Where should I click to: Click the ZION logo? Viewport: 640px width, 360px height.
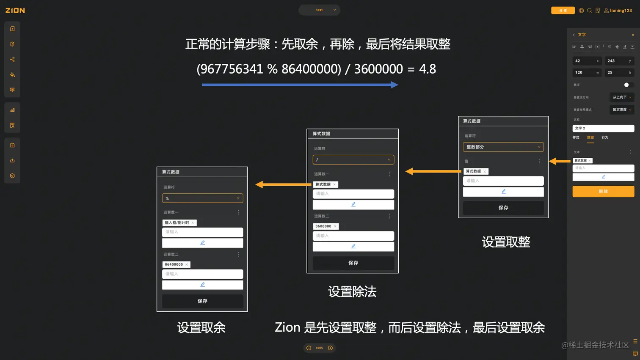pyautogui.click(x=15, y=10)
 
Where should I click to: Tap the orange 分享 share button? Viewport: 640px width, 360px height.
pyautogui.click(x=563, y=11)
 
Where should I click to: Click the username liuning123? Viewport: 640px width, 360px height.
pyautogui.click(x=621, y=11)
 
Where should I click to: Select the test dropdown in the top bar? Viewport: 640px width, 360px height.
pyautogui.click(x=320, y=10)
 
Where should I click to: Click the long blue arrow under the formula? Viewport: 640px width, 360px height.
pyautogui.click(x=300, y=85)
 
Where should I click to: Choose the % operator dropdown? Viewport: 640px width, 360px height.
pyautogui.click(x=202, y=198)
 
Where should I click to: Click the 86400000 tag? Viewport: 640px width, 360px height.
pyautogui.click(x=174, y=264)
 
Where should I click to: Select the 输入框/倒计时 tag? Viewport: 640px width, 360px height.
pyautogui.click(x=177, y=223)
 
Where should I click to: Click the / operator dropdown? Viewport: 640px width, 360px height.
pyautogui.click(x=353, y=159)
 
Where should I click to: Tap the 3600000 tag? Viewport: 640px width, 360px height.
pyautogui.click(x=323, y=226)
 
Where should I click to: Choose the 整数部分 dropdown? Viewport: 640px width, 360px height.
pyautogui.click(x=503, y=147)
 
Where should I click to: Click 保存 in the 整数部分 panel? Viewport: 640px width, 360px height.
pyautogui.click(x=503, y=208)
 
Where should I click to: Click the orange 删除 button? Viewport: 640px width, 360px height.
pyautogui.click(x=603, y=191)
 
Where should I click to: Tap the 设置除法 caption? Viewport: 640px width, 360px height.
pyautogui.click(x=352, y=291)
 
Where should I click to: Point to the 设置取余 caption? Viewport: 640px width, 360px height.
pyautogui.click(x=201, y=327)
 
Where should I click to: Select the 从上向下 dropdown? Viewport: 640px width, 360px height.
pyautogui.click(x=621, y=97)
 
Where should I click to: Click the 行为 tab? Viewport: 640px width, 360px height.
pyautogui.click(x=605, y=137)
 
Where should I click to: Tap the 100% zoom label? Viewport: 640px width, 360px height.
pyautogui.click(x=319, y=348)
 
